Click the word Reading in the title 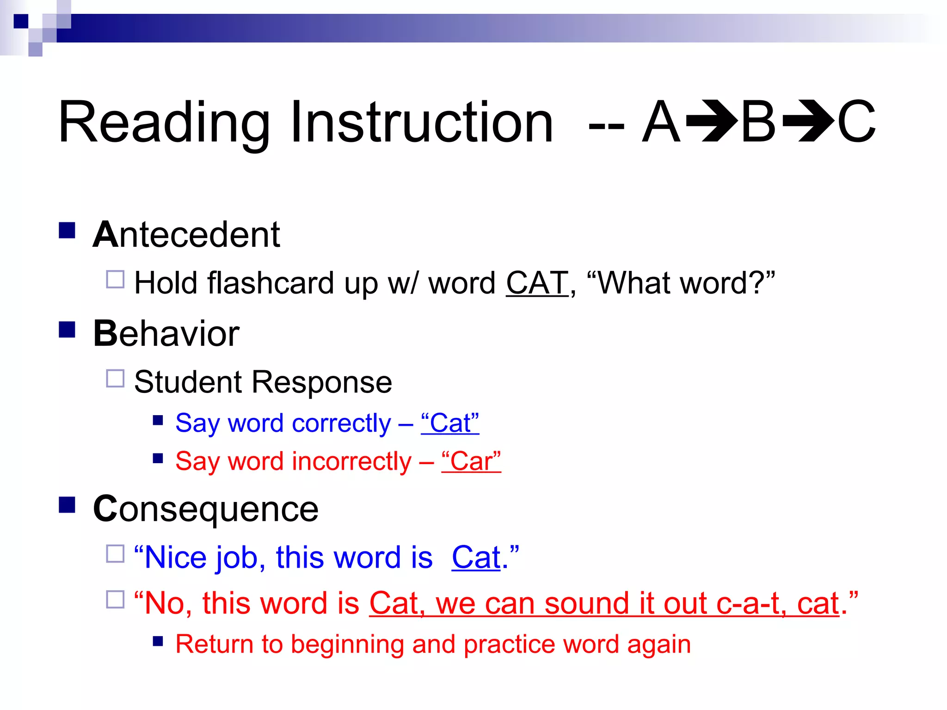pos(164,122)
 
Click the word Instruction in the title pos(421,122)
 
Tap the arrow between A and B pos(711,122)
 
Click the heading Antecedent pos(186,235)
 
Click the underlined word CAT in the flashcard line pos(537,283)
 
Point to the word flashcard pos(271,283)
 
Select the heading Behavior pos(166,334)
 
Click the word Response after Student pos(321,382)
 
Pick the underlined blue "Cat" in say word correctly pos(450,423)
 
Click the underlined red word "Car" pos(471,461)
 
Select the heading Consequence pos(206,509)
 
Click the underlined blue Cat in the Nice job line pos(476,557)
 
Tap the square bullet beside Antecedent pos(68,230)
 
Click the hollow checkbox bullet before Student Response pos(115,378)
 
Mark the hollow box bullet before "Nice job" pos(115,553)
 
